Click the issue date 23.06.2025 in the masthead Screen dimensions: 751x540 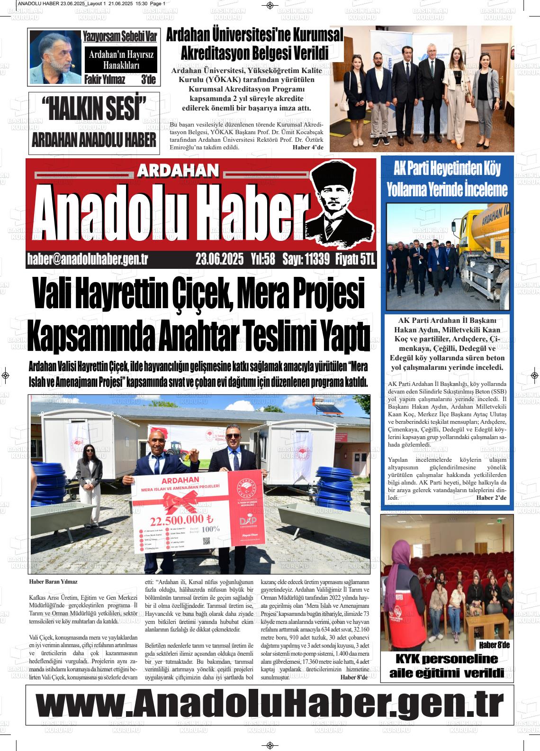219,259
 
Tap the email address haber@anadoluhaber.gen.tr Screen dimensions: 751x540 88,259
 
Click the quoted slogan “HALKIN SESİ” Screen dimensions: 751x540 94,109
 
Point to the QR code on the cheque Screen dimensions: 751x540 206,541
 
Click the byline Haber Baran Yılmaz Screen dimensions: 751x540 53,581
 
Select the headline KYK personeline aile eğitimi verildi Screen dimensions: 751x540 446,666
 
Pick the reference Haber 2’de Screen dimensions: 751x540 491,497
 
